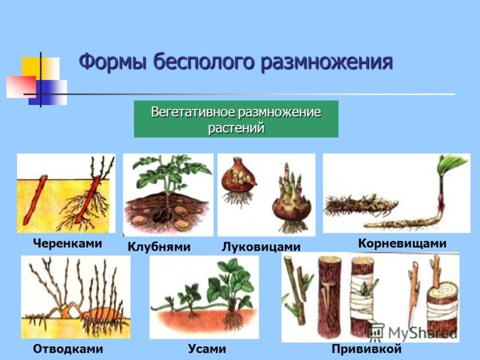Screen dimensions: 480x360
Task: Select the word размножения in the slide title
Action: pos(326,62)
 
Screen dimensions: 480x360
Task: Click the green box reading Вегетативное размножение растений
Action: pos(236,119)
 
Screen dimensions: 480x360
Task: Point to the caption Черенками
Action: pos(67,244)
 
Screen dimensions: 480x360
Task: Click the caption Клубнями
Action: pos(159,247)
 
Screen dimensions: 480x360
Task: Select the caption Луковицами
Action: pos(261,247)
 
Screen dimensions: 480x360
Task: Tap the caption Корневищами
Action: pos(402,244)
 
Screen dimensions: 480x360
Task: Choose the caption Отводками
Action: pos(68,349)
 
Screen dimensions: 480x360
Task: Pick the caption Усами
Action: pos(207,349)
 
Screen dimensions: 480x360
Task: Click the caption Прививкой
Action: pos(367,349)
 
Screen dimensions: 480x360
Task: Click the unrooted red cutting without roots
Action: pos(35,200)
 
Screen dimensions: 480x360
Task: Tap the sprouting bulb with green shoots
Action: pos(291,202)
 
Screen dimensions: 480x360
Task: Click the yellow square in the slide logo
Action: pos(32,67)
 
